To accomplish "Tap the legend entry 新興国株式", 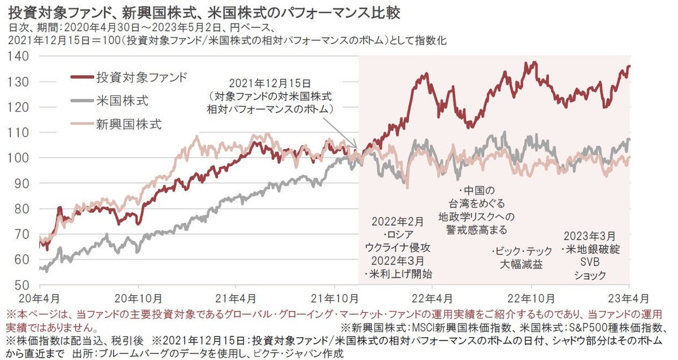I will (129, 125).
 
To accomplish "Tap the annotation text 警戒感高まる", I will (472, 229).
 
